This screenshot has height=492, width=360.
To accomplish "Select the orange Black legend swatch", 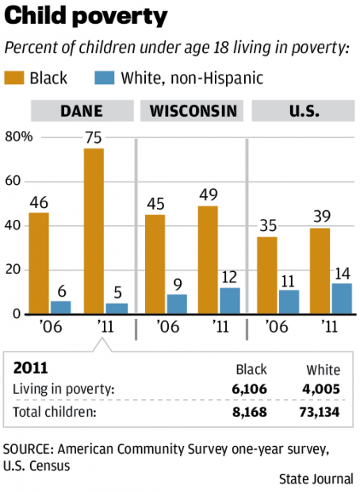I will [15, 78].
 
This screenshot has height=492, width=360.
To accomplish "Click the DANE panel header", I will [82, 110].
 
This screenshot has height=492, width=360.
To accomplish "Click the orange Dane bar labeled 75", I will [94, 230].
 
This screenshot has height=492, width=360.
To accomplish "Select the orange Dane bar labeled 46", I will [39, 263].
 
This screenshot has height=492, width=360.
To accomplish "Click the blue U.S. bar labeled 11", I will [289, 302].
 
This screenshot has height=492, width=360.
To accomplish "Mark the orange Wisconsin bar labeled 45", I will [155, 263].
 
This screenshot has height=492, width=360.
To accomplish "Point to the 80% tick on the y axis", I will [18, 136].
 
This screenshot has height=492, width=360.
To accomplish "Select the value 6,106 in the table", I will [251, 388].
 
